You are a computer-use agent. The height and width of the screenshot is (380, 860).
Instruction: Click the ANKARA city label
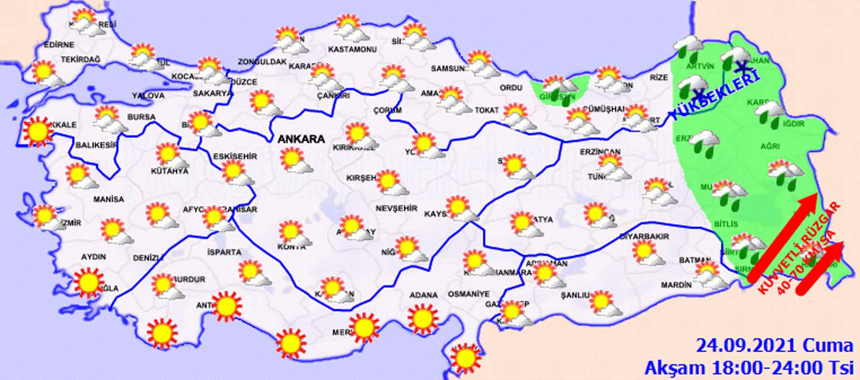tap(301, 139)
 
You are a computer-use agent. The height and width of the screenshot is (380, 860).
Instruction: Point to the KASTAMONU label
tap(352, 49)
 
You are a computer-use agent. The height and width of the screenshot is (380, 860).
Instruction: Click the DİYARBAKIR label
tap(644, 237)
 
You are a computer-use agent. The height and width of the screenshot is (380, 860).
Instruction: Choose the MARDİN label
tap(676, 285)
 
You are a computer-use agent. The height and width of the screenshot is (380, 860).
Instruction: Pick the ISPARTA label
tap(224, 252)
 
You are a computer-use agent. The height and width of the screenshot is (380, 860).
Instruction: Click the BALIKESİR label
tap(96, 145)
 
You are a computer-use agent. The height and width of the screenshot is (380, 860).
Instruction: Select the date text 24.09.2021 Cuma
tap(774, 345)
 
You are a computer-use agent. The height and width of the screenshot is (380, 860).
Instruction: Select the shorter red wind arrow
tap(820, 268)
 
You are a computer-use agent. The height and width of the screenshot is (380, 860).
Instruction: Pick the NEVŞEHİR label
tap(396, 208)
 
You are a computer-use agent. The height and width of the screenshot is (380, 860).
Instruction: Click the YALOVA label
tap(148, 96)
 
